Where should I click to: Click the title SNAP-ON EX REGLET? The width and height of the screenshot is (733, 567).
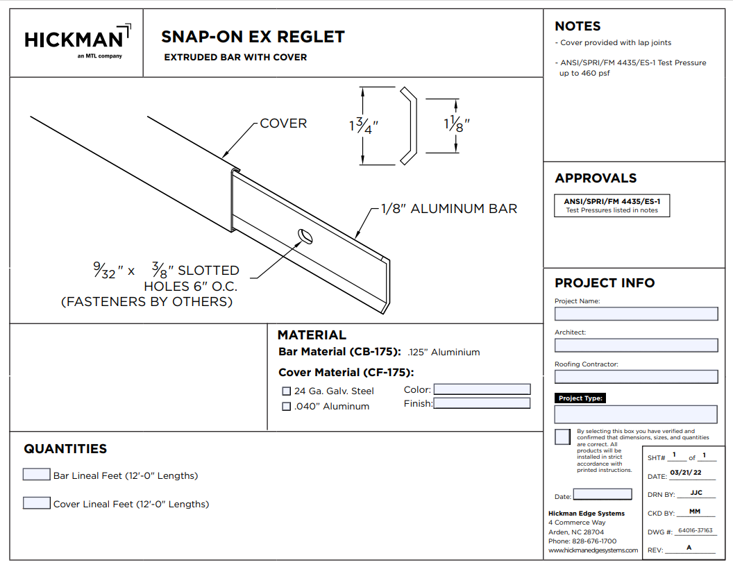click(x=253, y=37)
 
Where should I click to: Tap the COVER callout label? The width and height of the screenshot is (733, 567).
click(x=283, y=124)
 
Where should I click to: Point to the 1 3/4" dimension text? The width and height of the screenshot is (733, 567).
click(x=364, y=126)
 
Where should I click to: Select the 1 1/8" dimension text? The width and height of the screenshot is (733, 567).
click(x=457, y=124)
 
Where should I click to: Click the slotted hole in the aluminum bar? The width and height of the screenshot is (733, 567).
click(x=304, y=237)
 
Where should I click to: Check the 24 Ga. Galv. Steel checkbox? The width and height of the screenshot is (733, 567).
click(x=287, y=391)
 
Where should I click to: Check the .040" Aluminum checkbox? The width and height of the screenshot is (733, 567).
click(x=287, y=407)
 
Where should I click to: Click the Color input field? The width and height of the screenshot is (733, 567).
click(x=482, y=389)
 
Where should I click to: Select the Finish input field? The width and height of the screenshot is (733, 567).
click(x=482, y=403)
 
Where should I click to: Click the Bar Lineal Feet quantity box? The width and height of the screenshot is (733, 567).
click(x=36, y=475)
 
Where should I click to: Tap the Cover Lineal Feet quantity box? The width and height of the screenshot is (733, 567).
click(x=36, y=503)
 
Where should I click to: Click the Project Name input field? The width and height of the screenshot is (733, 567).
click(x=636, y=314)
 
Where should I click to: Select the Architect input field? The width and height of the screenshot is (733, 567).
click(x=636, y=345)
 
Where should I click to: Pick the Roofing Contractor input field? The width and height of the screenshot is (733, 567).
click(x=636, y=377)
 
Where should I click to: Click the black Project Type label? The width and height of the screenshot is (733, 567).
click(x=580, y=398)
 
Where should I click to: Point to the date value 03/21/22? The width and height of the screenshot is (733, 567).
click(x=685, y=473)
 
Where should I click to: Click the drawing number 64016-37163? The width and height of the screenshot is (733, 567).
click(x=696, y=531)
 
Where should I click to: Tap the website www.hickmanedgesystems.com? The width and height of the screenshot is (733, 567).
click(x=593, y=550)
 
